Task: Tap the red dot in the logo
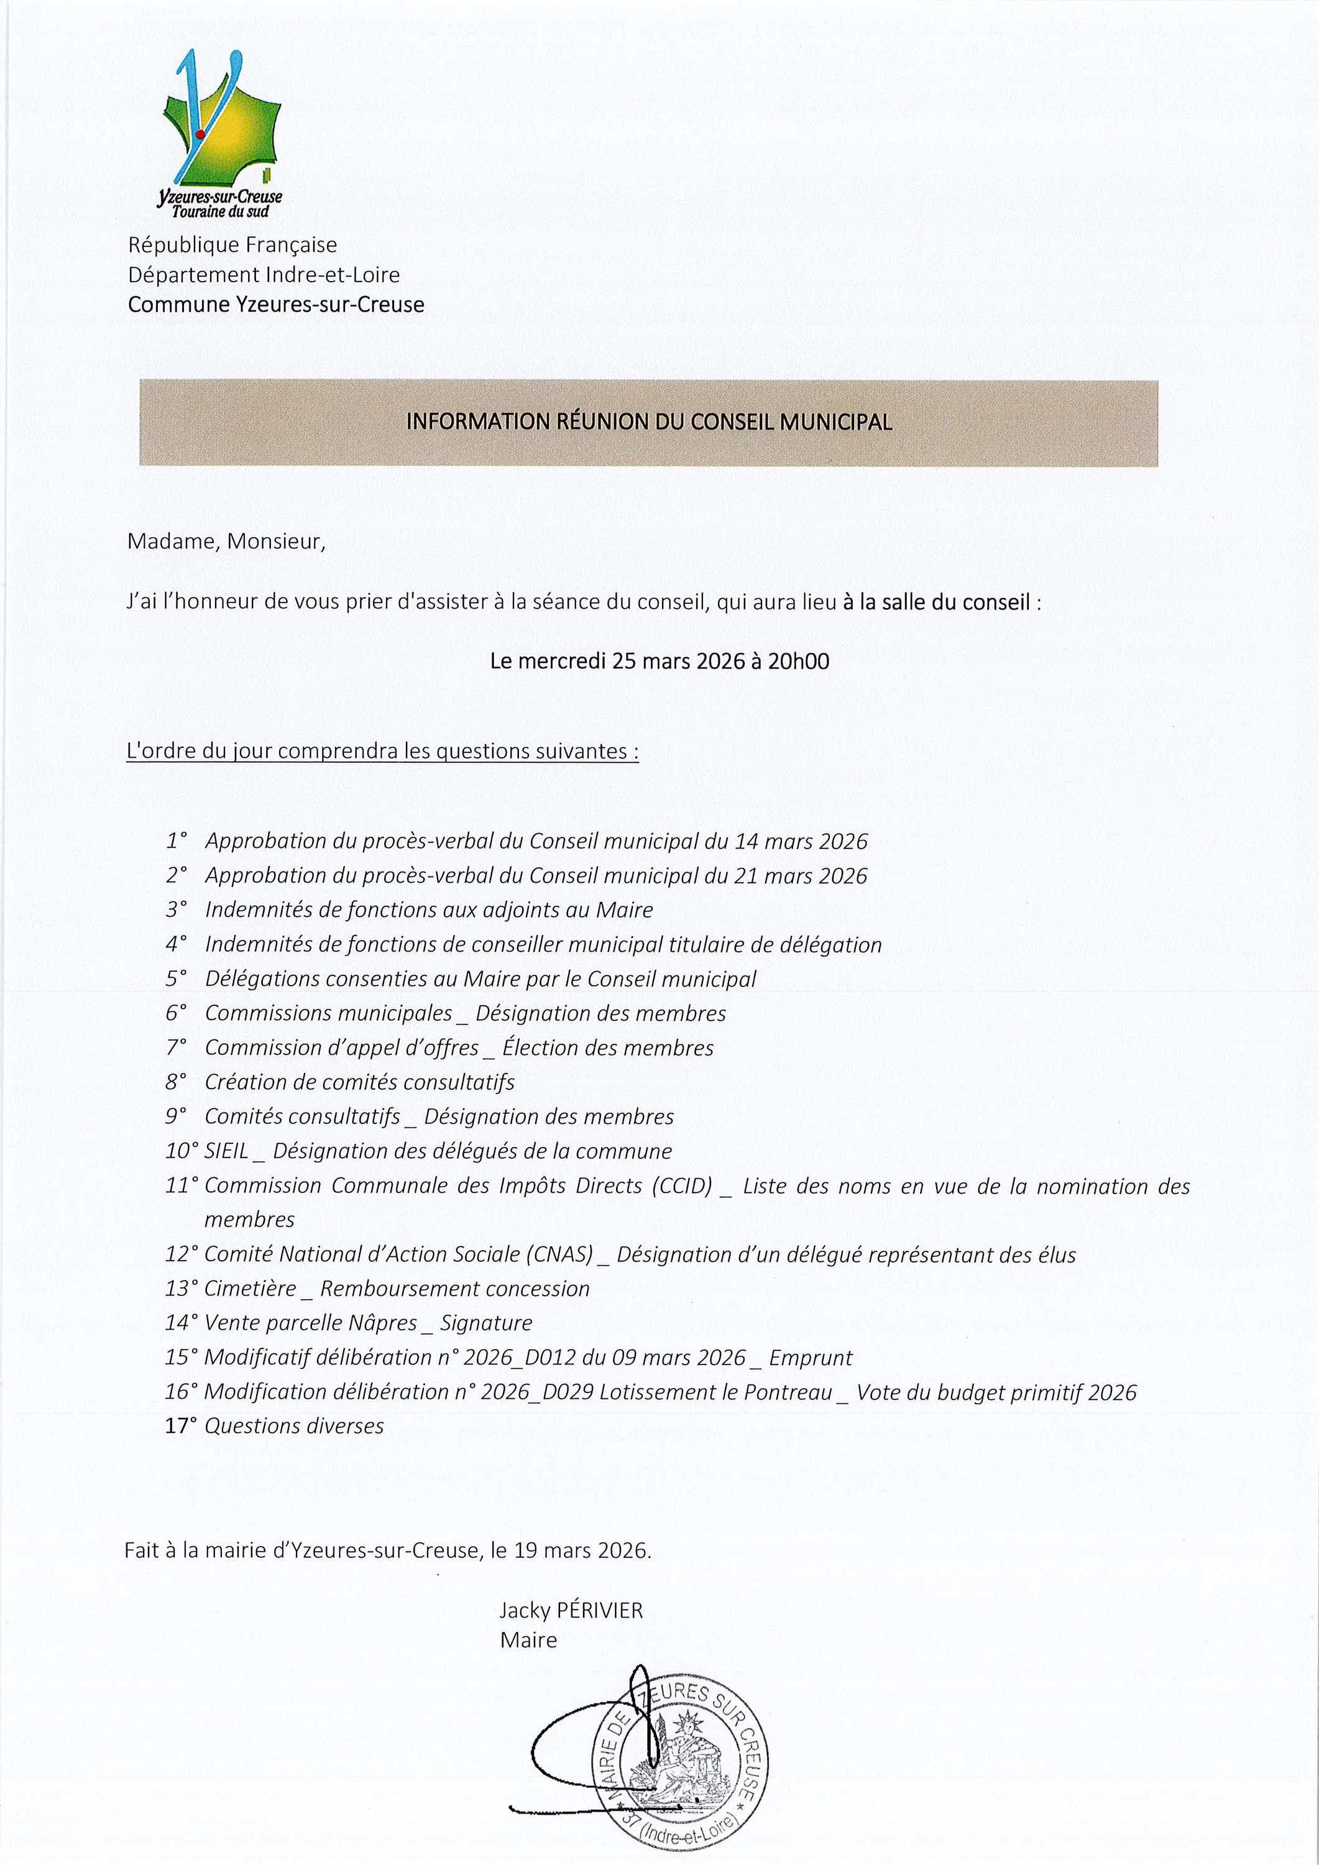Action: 200,135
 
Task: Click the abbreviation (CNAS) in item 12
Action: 561,1254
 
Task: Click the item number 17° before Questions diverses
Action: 180,1426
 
